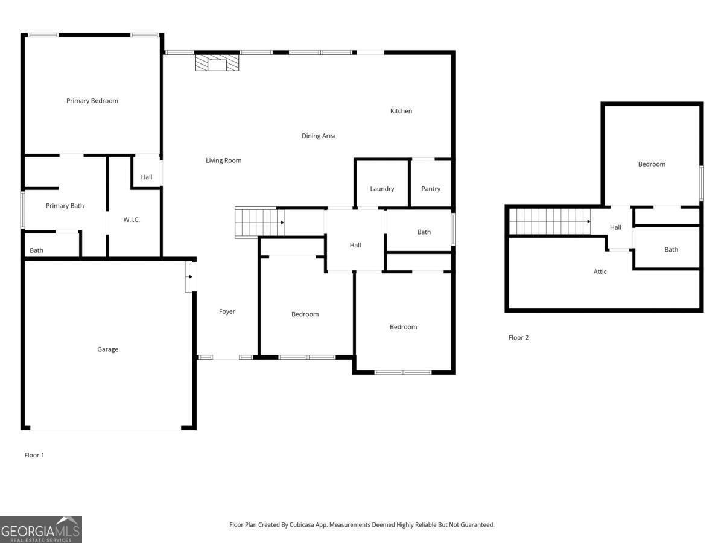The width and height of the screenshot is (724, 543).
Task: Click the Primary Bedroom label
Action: (x=92, y=101)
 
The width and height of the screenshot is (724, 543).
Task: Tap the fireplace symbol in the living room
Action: (x=217, y=63)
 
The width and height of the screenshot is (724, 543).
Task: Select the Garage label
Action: (x=108, y=349)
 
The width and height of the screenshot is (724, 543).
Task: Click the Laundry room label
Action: (x=382, y=189)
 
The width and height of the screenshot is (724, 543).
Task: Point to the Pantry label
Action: (x=431, y=189)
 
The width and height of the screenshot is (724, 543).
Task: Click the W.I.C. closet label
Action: (x=132, y=220)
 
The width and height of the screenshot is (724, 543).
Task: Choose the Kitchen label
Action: (x=401, y=111)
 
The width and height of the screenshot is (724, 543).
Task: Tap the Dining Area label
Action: (x=319, y=136)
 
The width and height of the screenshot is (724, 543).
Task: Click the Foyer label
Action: (x=227, y=311)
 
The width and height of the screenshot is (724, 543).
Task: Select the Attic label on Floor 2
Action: (x=600, y=271)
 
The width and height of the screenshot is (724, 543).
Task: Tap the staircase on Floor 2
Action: (x=549, y=221)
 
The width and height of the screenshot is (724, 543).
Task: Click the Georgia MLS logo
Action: (x=40, y=529)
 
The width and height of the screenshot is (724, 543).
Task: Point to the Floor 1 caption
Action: (x=34, y=455)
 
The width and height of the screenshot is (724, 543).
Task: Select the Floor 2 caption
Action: (x=518, y=338)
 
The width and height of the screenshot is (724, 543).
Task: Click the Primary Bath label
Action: (x=65, y=206)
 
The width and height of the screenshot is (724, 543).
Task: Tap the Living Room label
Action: (x=223, y=160)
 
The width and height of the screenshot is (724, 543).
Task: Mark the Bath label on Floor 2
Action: (x=671, y=249)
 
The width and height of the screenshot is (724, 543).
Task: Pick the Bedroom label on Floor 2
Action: (x=652, y=164)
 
